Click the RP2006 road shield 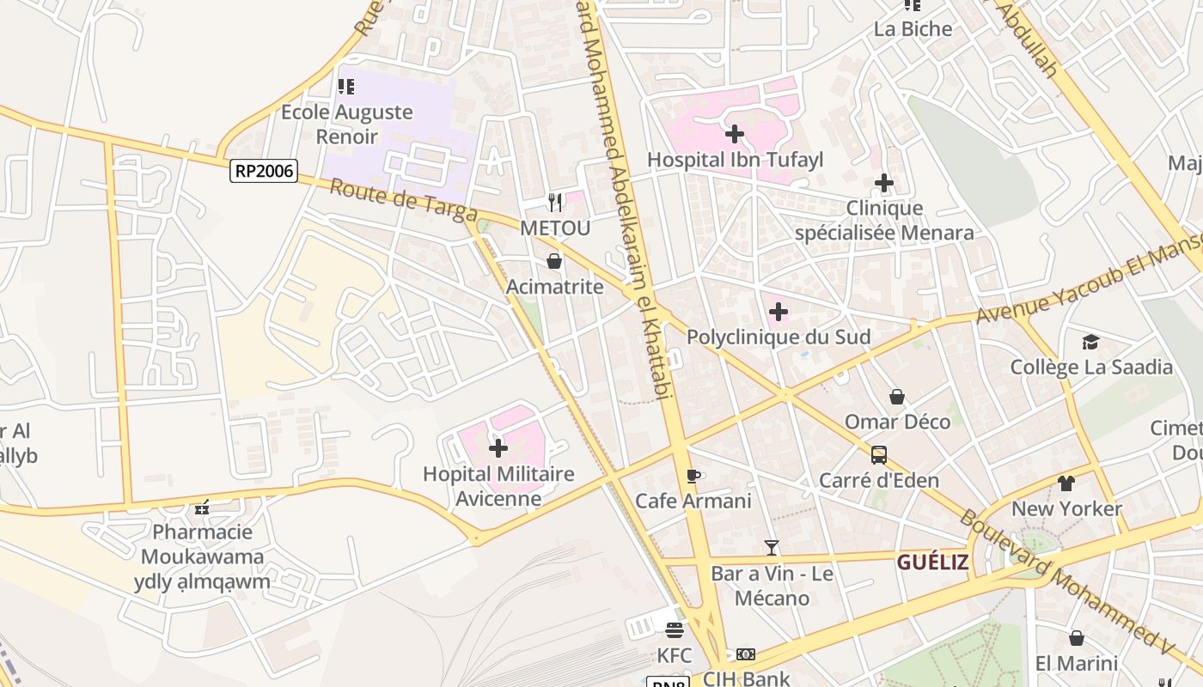[x=264, y=172]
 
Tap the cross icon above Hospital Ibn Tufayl [x=735, y=134]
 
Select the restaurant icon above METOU [x=555, y=203]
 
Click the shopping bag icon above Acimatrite [x=554, y=261]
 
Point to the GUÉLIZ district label [x=932, y=562]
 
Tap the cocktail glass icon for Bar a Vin [x=771, y=547]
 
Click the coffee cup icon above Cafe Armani [x=693, y=475]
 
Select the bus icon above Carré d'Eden [x=878, y=455]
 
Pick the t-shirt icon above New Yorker [x=1066, y=483]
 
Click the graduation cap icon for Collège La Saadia [x=1090, y=342]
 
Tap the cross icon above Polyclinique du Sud [x=779, y=312]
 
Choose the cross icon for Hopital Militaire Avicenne [x=498, y=448]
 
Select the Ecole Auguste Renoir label [x=347, y=124]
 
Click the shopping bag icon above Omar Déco [x=897, y=397]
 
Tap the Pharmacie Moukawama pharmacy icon [x=202, y=508]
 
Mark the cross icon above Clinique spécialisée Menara [x=884, y=183]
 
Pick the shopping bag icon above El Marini [x=1076, y=638]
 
